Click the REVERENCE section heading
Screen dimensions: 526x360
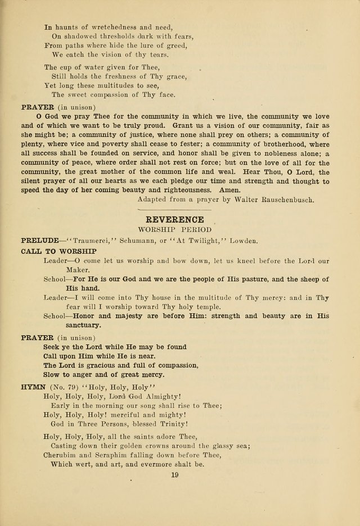174,219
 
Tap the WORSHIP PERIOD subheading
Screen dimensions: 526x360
174,230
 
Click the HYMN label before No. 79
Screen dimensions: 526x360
33,387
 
